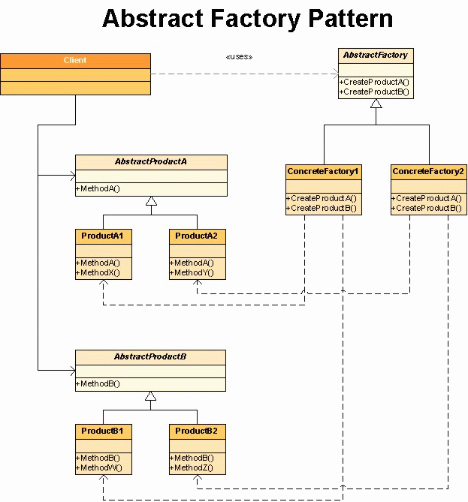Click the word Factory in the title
[255, 20]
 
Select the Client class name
[75, 60]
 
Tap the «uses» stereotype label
[239, 57]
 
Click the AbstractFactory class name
[376, 55]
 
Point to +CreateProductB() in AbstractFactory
[374, 92]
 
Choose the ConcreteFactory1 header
[323, 171]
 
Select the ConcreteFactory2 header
[428, 171]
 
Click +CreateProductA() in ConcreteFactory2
[427, 199]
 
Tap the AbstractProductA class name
[151, 161]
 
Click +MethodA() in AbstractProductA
[98, 188]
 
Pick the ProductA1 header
[102, 236]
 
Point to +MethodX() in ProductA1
[98, 273]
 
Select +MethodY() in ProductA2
[192, 273]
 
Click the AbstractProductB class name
[150, 356]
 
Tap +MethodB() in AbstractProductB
[98, 383]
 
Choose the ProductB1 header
[102, 431]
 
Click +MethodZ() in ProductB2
[192, 467]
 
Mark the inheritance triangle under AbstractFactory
[376, 104]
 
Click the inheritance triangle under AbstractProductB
[151, 396]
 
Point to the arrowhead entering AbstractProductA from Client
[73, 176]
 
